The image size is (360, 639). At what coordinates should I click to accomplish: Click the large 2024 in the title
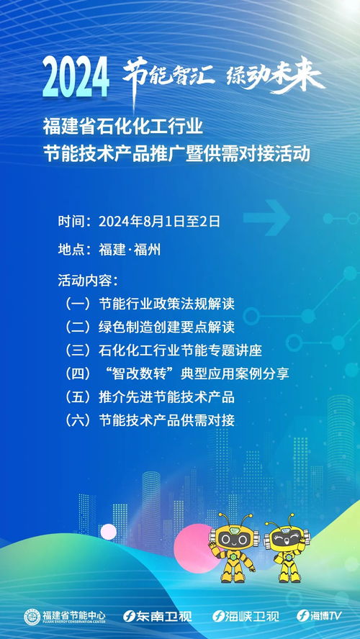pos(76,77)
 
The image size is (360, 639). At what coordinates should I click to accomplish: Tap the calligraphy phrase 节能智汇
pos(167,73)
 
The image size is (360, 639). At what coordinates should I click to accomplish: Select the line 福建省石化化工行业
pos(123,128)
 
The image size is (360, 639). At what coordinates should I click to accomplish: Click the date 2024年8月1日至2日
pos(159,221)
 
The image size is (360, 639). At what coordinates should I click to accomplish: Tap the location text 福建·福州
pos(130,250)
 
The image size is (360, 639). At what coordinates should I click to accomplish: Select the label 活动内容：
pos(87,279)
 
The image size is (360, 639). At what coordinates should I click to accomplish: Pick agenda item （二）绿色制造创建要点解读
pos(149,327)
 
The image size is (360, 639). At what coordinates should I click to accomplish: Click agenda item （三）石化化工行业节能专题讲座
pos(162,350)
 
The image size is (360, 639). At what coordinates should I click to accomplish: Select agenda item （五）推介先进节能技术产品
pos(149,396)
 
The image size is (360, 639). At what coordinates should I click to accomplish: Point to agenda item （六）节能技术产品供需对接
pos(149,420)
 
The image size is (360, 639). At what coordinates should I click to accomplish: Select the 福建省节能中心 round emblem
pos(32,616)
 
